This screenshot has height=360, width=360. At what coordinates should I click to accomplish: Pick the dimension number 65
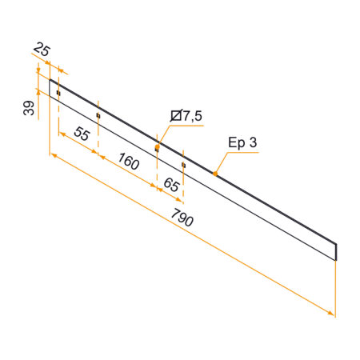click(170, 185)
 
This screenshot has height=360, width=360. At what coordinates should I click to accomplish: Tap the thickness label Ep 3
click(242, 143)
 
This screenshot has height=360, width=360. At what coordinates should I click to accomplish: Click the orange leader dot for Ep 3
click(214, 173)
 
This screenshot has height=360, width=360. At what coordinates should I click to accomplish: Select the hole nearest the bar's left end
click(58, 94)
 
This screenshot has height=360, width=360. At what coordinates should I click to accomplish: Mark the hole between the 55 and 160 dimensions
click(98, 116)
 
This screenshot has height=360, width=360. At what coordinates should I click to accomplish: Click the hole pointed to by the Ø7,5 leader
click(157, 148)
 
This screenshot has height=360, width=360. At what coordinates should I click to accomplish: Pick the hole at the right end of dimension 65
click(183, 165)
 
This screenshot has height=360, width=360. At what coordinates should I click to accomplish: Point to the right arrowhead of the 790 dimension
click(331, 314)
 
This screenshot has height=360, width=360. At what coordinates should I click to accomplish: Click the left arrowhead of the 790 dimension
click(53, 155)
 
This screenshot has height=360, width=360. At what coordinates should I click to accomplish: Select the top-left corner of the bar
click(50, 78)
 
